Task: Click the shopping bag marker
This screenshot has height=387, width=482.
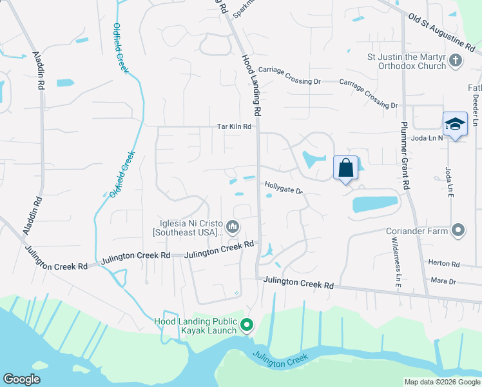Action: pyautogui.click(x=345, y=168)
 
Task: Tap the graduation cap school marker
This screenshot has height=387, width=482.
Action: pyautogui.click(x=454, y=124)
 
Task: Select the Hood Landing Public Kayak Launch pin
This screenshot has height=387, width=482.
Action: pyautogui.click(x=246, y=325)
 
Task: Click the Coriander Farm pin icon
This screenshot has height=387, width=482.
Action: pyautogui.click(x=458, y=230)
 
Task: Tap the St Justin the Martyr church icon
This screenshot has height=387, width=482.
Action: pyautogui.click(x=456, y=61)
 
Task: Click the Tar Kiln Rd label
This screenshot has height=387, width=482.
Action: pyautogui.click(x=233, y=127)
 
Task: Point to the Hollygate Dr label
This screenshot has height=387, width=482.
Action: pyautogui.click(x=284, y=188)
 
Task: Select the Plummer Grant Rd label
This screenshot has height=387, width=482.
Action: pyautogui.click(x=405, y=155)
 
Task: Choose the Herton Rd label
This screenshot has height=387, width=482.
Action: pyautogui.click(x=447, y=264)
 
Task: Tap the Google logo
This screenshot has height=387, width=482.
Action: pyautogui.click(x=21, y=379)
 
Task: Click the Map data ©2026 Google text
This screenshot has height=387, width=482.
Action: pyautogui.click(x=442, y=382)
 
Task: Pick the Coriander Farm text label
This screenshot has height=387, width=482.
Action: pyautogui.click(x=417, y=230)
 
